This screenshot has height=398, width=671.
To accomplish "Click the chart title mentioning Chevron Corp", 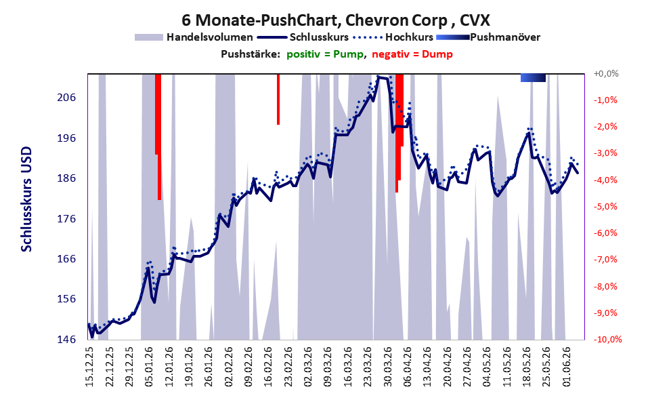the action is [x=336, y=20].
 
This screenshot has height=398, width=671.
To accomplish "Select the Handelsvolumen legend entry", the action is [x=194, y=37].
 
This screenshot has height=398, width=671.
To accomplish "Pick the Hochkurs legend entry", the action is [x=393, y=37].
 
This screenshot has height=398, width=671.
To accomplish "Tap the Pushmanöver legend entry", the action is [x=488, y=37].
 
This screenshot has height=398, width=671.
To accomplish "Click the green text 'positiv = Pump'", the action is [x=324, y=54].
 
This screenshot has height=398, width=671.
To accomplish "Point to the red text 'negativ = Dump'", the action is [x=412, y=54].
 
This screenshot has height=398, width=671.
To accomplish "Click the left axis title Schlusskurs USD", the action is [x=26, y=199].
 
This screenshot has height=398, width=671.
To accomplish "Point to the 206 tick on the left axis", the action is [x=66, y=98].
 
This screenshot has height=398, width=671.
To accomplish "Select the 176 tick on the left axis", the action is [x=66, y=219].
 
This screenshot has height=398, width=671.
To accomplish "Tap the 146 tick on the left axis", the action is [x=66, y=340].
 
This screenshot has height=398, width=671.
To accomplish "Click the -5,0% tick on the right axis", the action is [x=605, y=207].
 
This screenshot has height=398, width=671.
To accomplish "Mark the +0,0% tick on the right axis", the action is [x=606, y=74].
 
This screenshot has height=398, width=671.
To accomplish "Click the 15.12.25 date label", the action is [x=90, y=367].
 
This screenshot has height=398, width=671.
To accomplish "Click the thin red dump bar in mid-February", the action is [x=278, y=100].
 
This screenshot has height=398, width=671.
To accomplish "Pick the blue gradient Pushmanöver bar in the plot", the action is [x=533, y=77].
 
